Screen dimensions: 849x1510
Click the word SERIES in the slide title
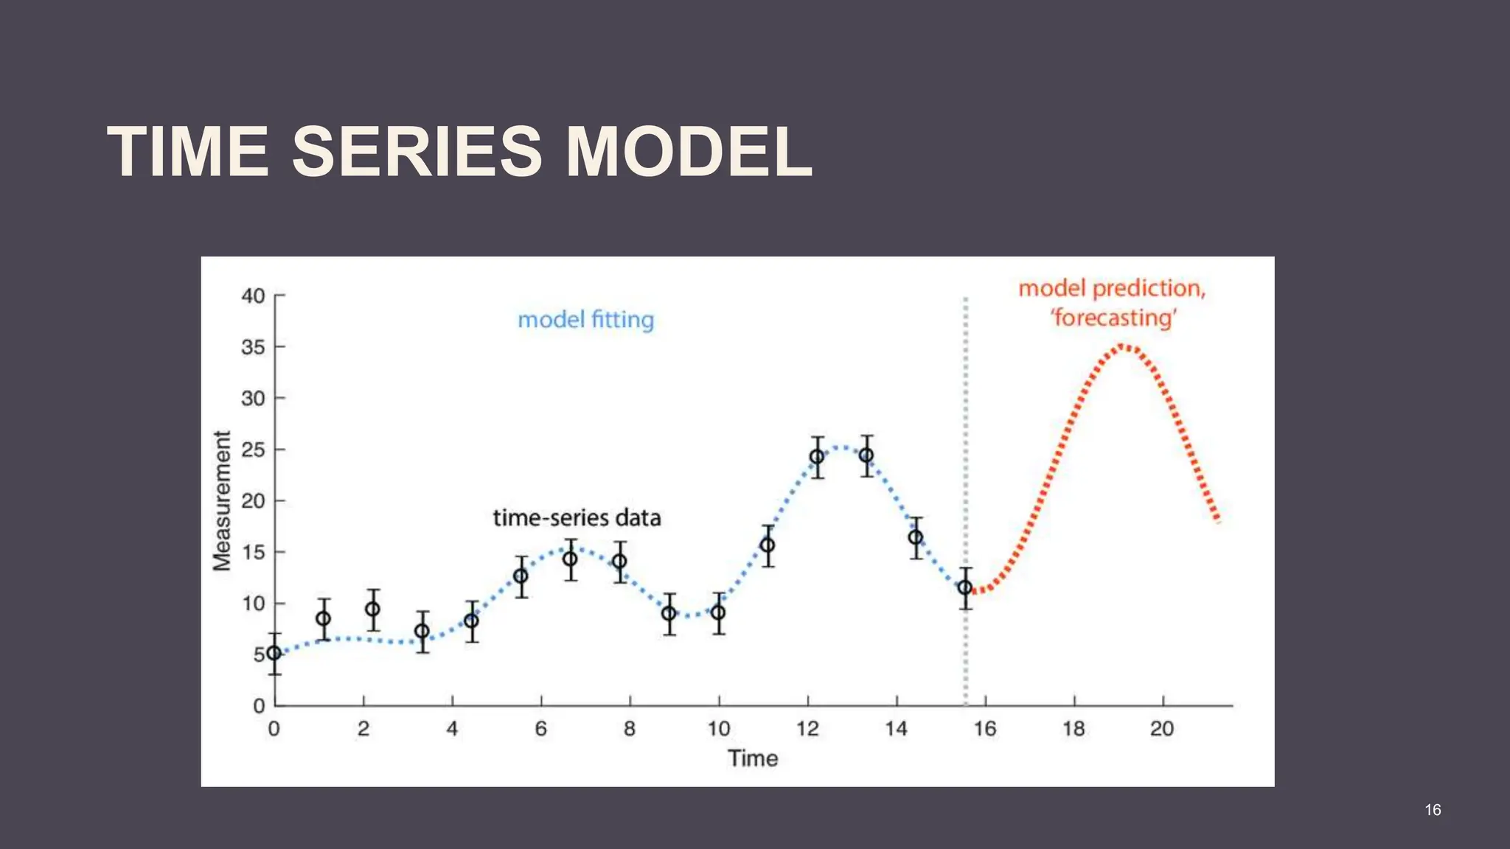417,152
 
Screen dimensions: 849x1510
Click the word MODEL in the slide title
689,152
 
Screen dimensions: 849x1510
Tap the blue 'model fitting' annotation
585,320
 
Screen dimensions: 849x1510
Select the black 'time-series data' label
577,518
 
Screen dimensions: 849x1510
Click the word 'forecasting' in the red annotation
1113,318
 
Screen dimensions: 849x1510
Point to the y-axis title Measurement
222,500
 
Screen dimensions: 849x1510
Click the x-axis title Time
753,758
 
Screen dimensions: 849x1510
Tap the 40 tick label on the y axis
253,296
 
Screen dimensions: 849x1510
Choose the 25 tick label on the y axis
253,450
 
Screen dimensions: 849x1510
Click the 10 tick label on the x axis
718,729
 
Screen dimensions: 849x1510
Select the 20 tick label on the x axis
1162,729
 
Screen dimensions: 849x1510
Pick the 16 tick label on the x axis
984,729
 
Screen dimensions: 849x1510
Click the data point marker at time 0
274,653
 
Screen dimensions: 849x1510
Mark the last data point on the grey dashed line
965,588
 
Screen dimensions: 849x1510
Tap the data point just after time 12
817,457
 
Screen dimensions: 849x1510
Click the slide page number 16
1433,810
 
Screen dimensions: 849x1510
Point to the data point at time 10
718,612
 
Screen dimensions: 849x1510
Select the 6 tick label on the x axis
540,729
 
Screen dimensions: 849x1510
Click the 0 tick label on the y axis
259,706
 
